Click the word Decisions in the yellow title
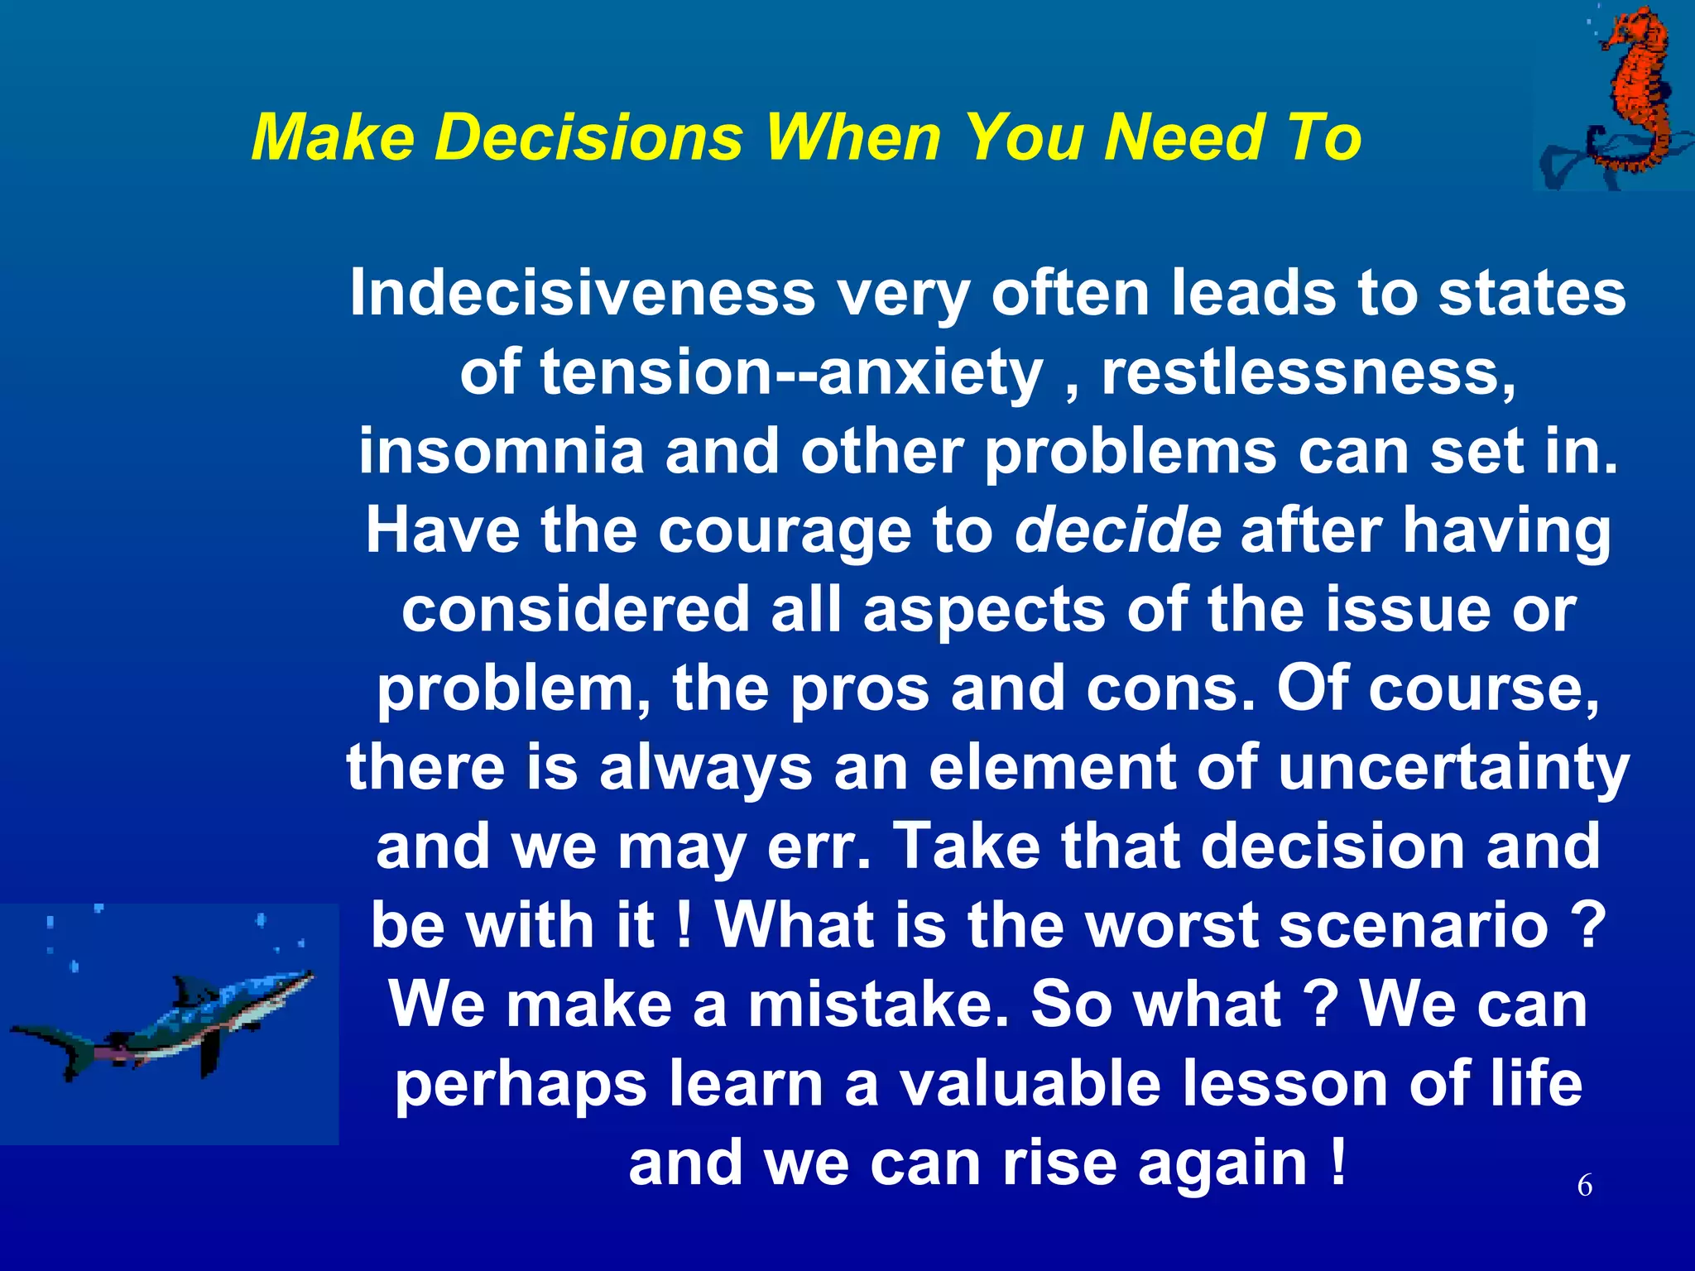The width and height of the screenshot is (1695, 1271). [589, 137]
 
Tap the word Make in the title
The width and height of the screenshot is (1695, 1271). [332, 137]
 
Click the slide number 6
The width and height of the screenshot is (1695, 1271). [1584, 1185]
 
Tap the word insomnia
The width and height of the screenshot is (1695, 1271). [501, 452]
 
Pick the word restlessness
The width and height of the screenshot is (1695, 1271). [1308, 372]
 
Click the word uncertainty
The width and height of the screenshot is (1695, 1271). [1453, 767]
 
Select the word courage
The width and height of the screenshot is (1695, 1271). [784, 531]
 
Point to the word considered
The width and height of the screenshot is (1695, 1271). [575, 609]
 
